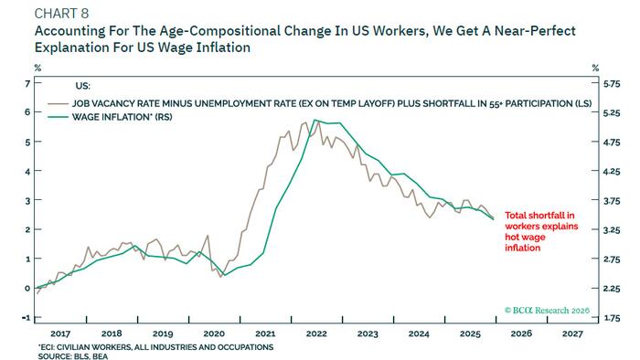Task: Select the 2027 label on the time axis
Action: point(573,334)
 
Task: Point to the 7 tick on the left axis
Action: point(27,83)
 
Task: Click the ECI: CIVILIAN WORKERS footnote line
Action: point(155,345)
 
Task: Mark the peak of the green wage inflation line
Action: point(315,120)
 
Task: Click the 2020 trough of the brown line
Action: point(221,277)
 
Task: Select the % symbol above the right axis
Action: point(596,67)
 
